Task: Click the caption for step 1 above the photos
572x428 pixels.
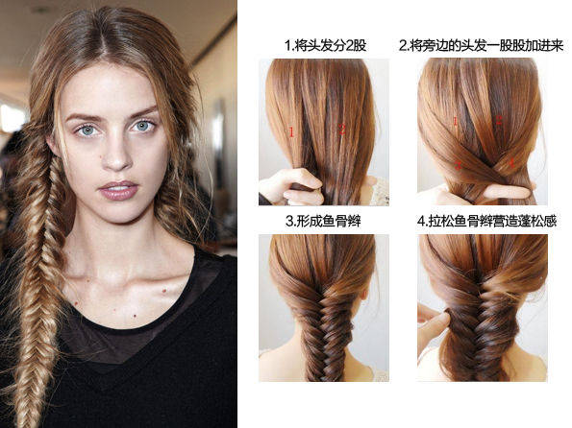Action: tap(325, 45)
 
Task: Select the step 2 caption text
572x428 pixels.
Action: tap(482, 45)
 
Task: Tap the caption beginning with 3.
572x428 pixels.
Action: tap(323, 221)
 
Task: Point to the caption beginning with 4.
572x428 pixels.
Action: tap(486, 221)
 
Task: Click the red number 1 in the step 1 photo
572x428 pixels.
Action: tap(291, 131)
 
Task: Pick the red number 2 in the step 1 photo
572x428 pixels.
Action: tap(342, 129)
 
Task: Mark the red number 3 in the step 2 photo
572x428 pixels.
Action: tap(458, 166)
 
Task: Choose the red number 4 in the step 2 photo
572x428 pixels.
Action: tap(511, 162)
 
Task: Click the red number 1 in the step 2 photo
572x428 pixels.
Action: tap(456, 121)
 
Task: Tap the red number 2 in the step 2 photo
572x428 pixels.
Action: tap(499, 120)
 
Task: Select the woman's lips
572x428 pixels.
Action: tap(118, 190)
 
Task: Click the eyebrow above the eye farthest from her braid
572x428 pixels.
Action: tap(142, 111)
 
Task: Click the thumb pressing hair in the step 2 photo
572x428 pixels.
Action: tap(505, 191)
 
